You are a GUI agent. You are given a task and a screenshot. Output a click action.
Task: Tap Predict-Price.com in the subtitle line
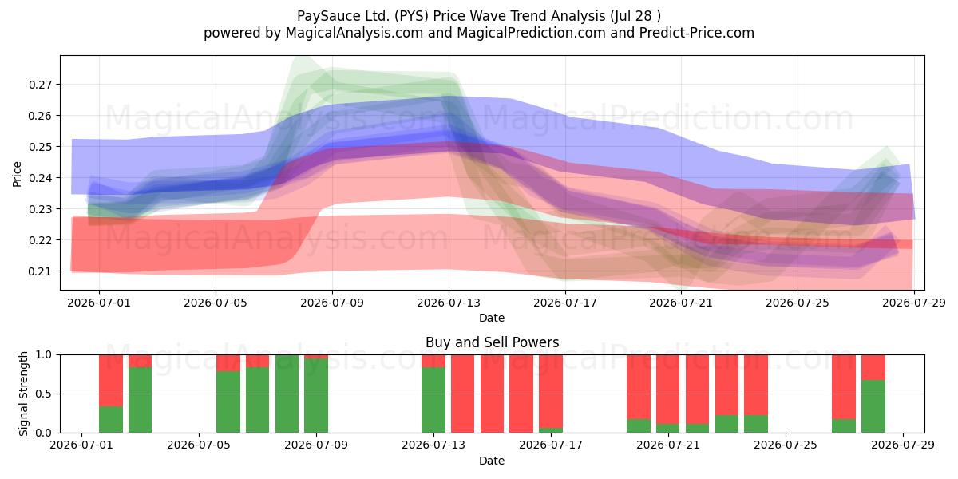[697, 33]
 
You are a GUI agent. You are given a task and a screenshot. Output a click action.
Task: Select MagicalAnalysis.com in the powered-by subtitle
[354, 33]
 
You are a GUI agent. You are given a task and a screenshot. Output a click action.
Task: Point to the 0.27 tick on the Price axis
[40, 85]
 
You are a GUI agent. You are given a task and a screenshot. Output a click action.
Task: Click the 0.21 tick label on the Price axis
[40, 271]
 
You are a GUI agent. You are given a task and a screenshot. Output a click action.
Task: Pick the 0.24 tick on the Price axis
[40, 178]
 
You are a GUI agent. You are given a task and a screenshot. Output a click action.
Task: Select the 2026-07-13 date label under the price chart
[449, 303]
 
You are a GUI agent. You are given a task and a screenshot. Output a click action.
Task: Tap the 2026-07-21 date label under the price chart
[681, 303]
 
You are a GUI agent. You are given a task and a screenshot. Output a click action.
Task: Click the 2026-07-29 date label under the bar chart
[903, 445]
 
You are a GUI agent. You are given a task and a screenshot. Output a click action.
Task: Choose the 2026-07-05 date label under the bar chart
[199, 445]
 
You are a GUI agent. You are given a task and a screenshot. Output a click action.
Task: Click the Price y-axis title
[17, 174]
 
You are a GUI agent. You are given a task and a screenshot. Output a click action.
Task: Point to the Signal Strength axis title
[23, 394]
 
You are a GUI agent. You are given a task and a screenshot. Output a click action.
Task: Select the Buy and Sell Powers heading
[492, 342]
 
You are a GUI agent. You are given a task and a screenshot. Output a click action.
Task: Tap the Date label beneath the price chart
[492, 318]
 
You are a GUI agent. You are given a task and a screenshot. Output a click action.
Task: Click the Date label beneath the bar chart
[492, 461]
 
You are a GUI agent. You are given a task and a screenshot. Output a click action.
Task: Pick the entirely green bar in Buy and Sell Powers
[287, 394]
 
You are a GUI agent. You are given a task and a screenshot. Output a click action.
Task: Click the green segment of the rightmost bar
[873, 406]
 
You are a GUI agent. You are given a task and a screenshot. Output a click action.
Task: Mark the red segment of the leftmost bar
[111, 380]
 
